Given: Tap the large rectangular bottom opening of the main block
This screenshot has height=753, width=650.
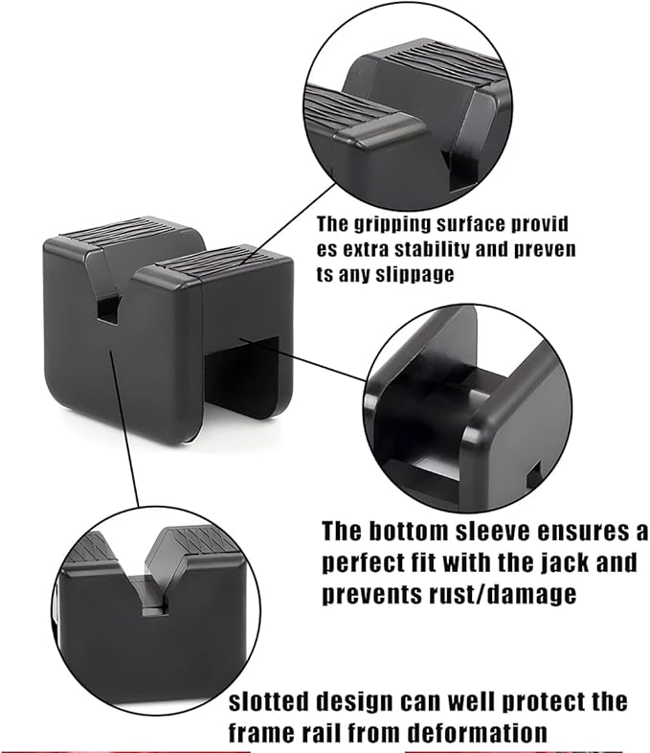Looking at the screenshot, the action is (x=242, y=375).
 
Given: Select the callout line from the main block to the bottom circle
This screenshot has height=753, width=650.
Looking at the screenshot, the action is (x=124, y=428).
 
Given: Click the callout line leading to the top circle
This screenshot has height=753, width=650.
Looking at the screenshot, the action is (x=289, y=224).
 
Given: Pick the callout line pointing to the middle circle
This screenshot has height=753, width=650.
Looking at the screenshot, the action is (x=303, y=359).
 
